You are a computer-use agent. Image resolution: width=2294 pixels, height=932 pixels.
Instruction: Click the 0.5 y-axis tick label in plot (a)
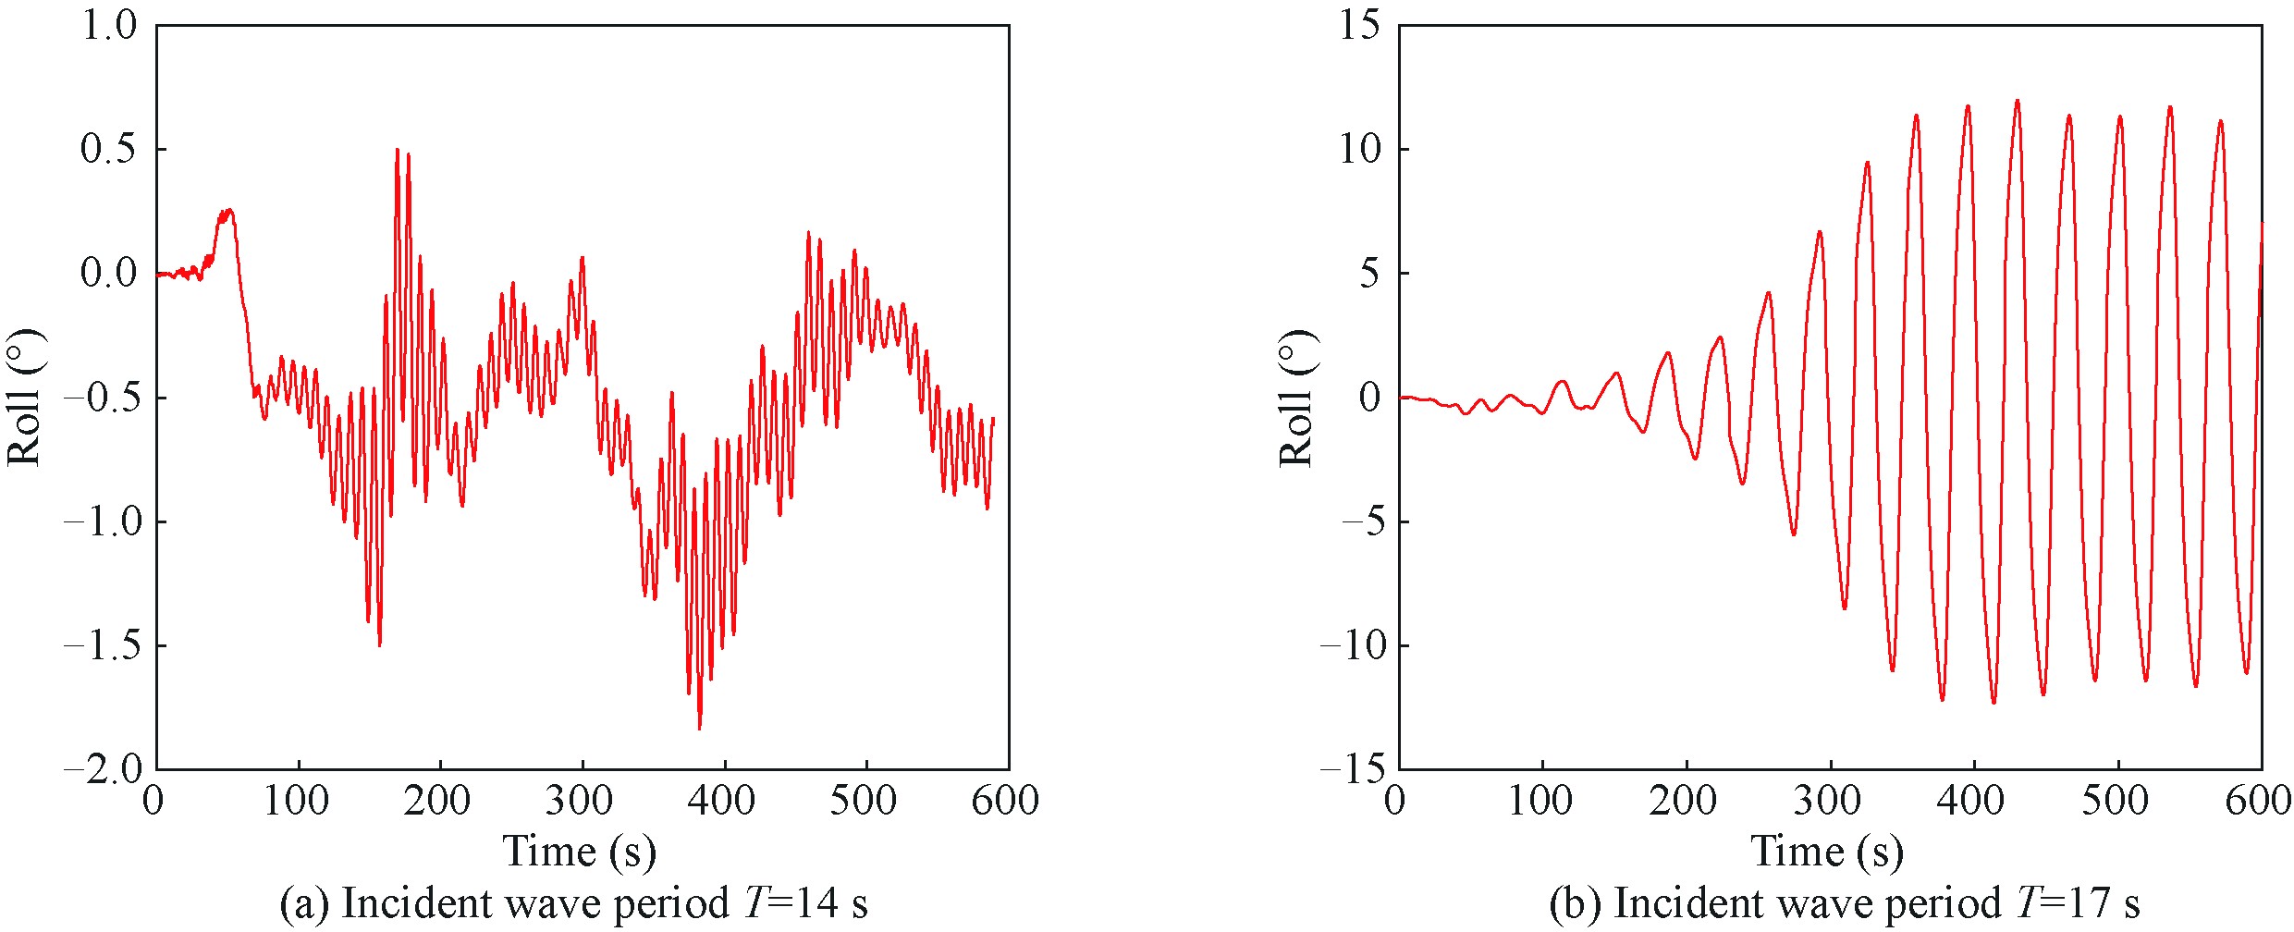point(109,149)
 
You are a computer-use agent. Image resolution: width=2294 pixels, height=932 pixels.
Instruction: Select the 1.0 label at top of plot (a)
point(109,26)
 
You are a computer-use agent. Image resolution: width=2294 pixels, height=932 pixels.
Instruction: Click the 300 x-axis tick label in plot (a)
point(579,801)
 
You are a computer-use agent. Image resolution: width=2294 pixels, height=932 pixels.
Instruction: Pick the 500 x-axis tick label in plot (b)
point(2115,801)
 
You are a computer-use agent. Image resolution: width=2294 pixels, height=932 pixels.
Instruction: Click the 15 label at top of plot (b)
point(1359,26)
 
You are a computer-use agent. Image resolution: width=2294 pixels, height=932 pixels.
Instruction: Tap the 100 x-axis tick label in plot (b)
point(1540,801)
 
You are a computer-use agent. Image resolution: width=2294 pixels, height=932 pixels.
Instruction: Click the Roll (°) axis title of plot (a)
point(25,398)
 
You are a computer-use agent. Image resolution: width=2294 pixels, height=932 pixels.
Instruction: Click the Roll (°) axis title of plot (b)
point(1296,398)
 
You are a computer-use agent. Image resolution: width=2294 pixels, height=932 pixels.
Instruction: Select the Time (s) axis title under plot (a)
point(579,851)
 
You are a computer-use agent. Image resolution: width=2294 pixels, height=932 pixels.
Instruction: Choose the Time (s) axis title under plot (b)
point(1827,851)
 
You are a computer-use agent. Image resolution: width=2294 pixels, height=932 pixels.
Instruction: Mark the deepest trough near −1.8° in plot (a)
point(699,729)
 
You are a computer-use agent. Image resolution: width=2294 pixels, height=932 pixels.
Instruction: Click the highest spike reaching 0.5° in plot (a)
point(397,150)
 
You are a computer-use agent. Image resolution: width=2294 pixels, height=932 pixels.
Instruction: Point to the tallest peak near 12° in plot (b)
point(2017,101)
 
